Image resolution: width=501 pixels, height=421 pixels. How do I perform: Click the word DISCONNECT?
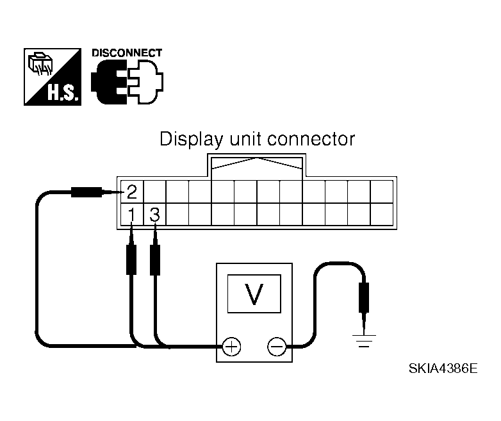(127, 53)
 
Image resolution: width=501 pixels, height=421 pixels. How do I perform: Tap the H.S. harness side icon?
(53, 77)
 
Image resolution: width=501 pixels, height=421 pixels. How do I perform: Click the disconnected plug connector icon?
(127, 81)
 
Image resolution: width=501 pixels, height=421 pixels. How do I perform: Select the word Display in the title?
(191, 140)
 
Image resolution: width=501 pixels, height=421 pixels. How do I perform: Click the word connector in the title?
(311, 140)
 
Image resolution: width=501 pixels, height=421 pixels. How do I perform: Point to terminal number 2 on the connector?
(131, 192)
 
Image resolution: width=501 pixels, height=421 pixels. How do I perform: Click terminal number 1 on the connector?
(131, 215)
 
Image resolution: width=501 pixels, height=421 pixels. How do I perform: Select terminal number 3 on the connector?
(154, 215)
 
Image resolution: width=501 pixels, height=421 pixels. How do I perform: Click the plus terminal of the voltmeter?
(231, 347)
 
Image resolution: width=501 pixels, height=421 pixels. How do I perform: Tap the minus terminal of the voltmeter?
(277, 347)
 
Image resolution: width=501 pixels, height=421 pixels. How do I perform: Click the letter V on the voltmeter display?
(254, 294)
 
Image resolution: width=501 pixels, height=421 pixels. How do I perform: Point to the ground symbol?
(364, 341)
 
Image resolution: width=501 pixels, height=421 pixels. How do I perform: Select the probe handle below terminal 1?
(131, 260)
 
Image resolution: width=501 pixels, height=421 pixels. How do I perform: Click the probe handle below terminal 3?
(155, 260)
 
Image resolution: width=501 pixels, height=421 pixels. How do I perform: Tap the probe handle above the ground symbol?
(364, 297)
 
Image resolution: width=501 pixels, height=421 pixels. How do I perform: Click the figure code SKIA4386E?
(443, 368)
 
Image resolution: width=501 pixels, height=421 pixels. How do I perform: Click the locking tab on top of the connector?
(256, 165)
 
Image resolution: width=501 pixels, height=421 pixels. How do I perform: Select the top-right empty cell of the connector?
(381, 192)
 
